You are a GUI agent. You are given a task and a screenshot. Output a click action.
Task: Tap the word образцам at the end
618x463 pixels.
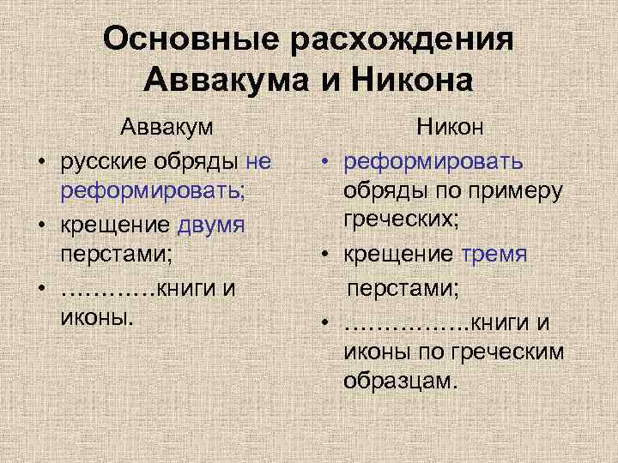pos(400,380)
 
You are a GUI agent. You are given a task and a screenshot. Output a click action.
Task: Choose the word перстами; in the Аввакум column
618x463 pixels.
pos(118,255)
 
